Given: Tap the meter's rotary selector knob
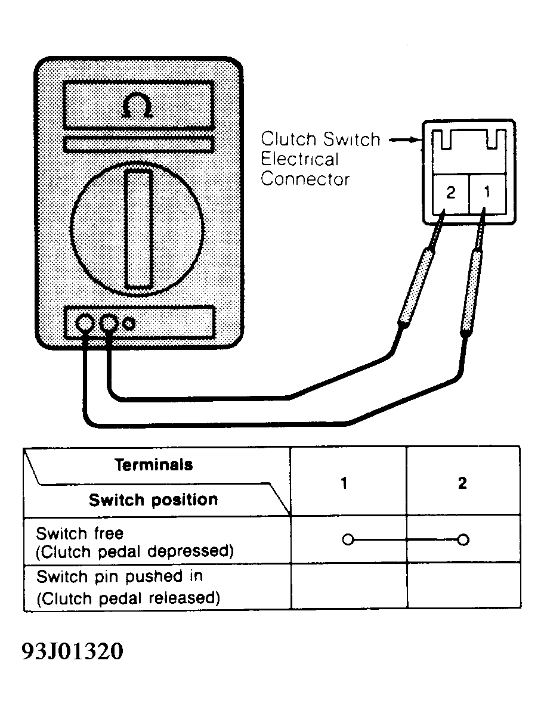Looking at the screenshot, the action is (x=137, y=229).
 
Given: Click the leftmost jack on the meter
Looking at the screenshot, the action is (x=85, y=322).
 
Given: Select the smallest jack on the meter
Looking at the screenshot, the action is (x=129, y=323).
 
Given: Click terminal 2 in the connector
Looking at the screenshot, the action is (x=450, y=193).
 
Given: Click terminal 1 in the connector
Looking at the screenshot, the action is (x=487, y=193).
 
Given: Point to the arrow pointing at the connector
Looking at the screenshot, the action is (x=405, y=140).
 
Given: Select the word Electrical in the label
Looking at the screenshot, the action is (x=299, y=159).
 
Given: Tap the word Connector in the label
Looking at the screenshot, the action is (x=305, y=179).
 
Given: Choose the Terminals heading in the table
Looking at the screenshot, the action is (x=154, y=465).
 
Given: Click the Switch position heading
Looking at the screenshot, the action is (x=153, y=500).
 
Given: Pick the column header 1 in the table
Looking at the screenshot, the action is (x=344, y=483).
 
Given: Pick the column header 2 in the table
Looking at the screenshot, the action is (x=462, y=483).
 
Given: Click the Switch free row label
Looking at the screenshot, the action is (x=135, y=542).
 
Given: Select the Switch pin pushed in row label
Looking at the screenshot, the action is (x=128, y=587).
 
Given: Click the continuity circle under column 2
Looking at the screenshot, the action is (x=463, y=539).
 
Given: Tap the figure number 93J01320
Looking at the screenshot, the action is (x=72, y=651).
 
